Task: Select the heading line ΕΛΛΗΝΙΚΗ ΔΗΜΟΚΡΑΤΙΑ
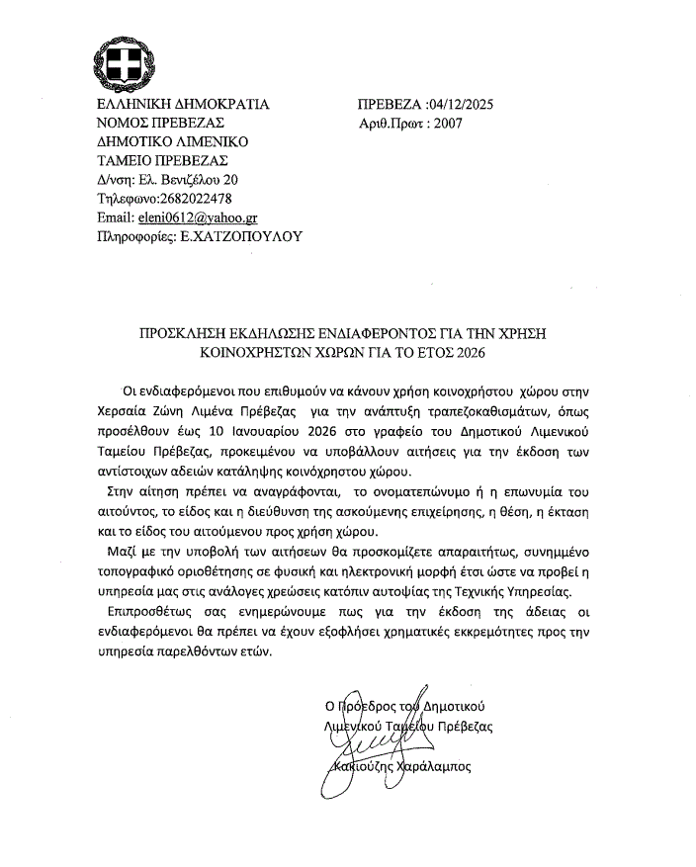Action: coord(183,104)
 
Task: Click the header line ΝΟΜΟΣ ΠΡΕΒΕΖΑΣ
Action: coord(160,123)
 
